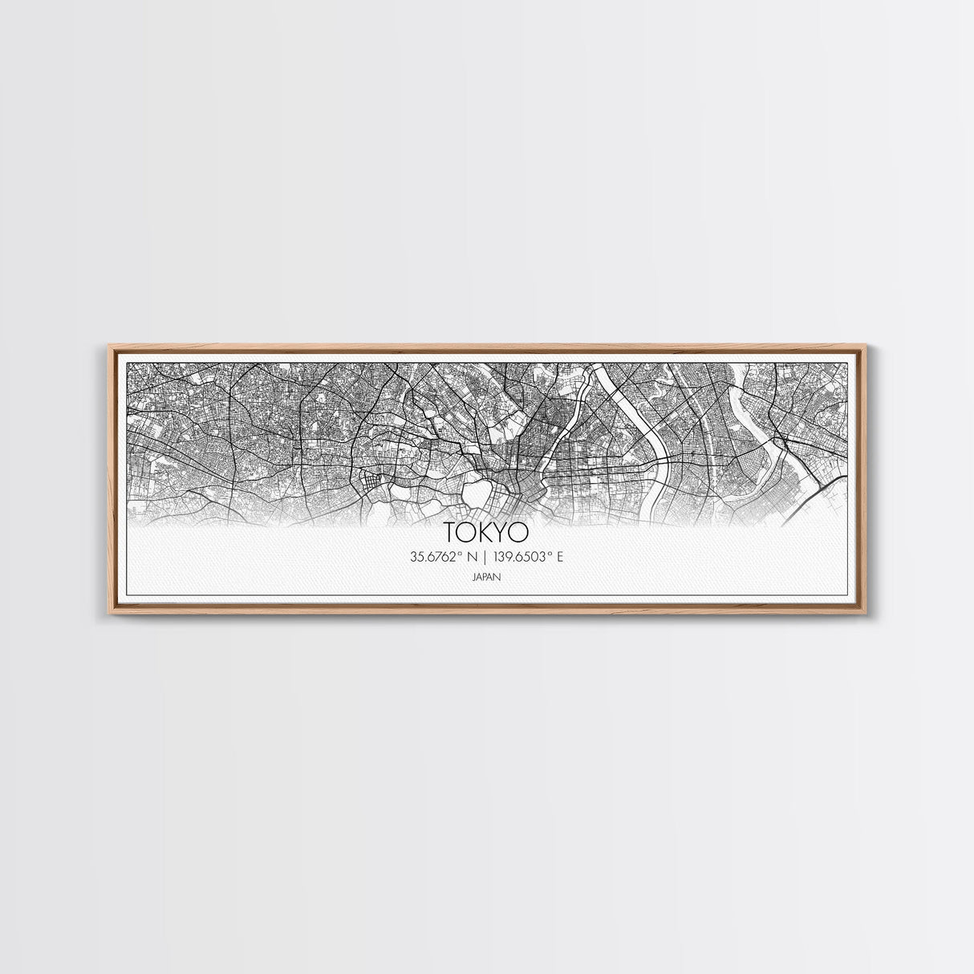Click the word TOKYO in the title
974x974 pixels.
tap(486, 533)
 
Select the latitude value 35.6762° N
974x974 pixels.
tap(442, 557)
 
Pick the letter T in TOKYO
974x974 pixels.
tap(448, 533)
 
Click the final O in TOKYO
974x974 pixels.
tap(521, 533)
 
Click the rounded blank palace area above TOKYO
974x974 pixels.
tap(477, 489)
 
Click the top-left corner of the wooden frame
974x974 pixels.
tap(109, 346)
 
